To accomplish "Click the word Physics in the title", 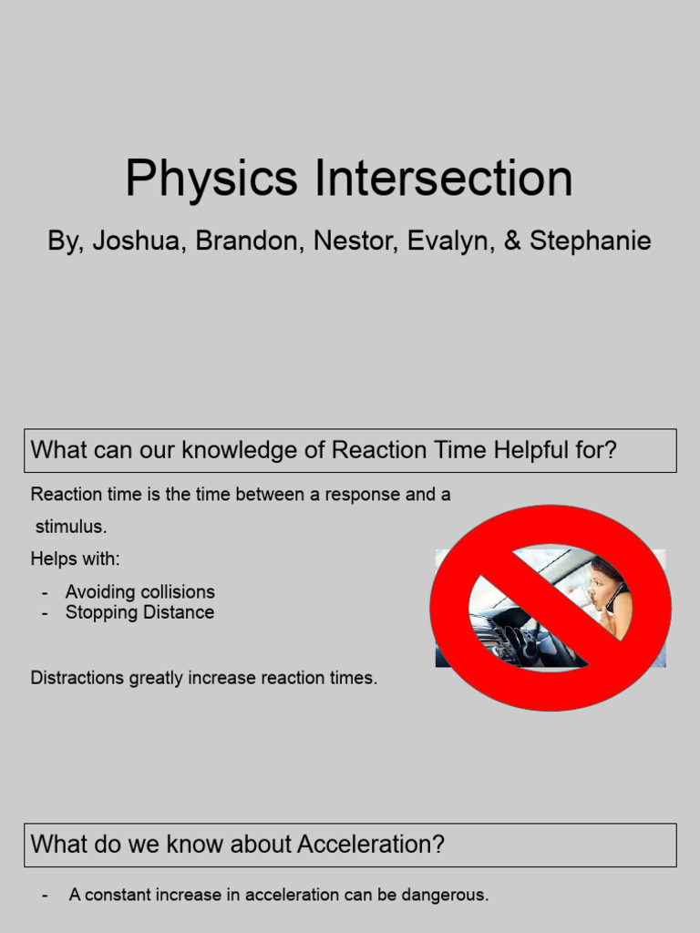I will coord(211,179).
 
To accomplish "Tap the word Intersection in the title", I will coord(444,179).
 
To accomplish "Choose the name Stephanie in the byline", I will coord(590,241).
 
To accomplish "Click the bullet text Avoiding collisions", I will coord(139,592).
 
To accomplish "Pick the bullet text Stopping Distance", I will coord(139,612).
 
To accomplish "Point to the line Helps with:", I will coord(75,559).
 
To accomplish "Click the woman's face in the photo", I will coord(602,586).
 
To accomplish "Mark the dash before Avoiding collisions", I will coord(45,592).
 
